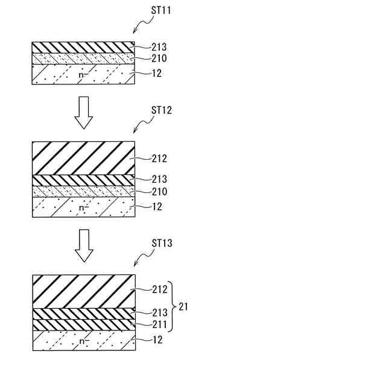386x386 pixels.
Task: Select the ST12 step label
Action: [162, 110]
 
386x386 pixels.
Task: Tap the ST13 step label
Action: [162, 243]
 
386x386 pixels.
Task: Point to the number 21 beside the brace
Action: [183, 307]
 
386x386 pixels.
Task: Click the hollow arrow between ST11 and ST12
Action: [83, 113]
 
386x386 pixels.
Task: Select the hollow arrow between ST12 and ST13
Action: [83, 246]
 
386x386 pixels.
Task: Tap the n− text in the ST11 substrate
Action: [82, 75]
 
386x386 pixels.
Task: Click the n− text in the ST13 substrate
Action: [82, 341]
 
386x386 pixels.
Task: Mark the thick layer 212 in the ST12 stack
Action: [83, 158]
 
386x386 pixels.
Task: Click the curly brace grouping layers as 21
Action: [174, 306]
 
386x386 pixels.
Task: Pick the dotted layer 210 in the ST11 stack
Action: [83, 59]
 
